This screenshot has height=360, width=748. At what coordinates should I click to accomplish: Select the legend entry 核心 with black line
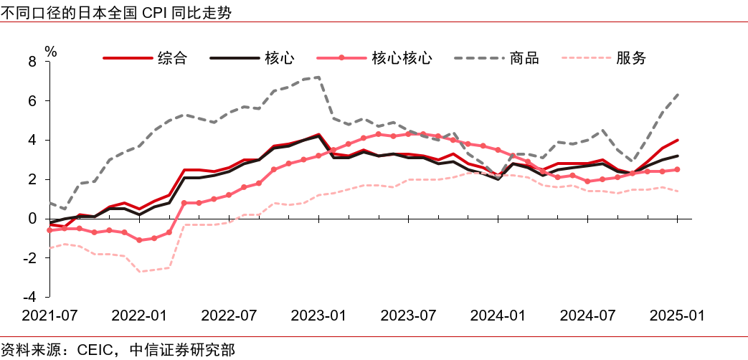[x=279, y=58]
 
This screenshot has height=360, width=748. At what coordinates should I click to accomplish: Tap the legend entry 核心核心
[x=402, y=58]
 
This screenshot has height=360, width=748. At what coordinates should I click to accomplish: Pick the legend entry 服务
[x=631, y=58]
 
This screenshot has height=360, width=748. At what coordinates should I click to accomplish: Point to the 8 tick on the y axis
[x=32, y=62]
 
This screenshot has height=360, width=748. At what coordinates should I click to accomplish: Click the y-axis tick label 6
[x=32, y=101]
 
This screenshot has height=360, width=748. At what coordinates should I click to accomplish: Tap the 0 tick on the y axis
[x=32, y=218]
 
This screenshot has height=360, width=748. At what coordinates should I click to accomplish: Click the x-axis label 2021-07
[x=49, y=316]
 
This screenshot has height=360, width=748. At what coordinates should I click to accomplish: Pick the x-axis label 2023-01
[x=318, y=316]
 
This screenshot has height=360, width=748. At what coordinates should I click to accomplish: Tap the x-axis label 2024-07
[x=587, y=316]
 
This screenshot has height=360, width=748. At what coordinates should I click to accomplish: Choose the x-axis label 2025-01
[x=677, y=316]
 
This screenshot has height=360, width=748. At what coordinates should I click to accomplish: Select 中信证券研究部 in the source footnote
[x=182, y=349]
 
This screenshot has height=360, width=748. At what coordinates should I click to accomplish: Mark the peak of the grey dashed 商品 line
[x=318, y=77]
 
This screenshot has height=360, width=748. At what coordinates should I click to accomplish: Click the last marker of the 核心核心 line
[x=678, y=169]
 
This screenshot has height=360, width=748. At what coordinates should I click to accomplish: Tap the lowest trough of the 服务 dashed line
[x=139, y=271]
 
